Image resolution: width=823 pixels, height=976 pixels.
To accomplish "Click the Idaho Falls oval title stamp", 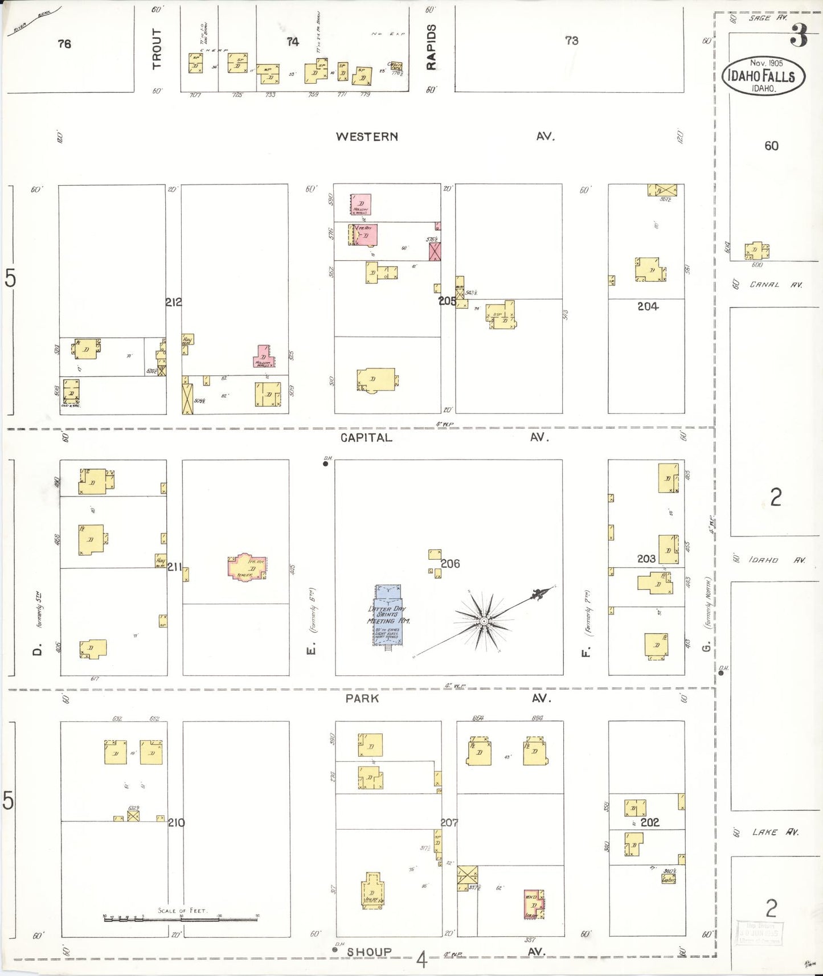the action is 763,76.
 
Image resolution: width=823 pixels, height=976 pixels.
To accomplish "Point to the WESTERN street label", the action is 367,137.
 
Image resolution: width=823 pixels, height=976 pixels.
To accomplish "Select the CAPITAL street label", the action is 366,437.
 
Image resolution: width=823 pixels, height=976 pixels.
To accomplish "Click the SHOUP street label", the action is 369,952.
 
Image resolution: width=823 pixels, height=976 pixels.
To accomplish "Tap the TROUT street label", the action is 157,48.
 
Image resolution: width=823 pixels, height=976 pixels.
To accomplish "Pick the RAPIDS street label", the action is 431,47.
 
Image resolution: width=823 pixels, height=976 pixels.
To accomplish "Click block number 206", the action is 450,564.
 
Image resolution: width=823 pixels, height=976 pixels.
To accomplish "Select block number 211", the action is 174,567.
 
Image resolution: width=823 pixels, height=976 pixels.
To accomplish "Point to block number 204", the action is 648,306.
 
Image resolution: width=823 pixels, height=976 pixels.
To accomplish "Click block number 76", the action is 64,43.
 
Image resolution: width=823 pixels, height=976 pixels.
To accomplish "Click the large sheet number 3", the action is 799,38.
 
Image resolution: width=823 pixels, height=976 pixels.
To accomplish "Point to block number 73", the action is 571,40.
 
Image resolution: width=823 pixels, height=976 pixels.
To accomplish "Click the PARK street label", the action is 362,698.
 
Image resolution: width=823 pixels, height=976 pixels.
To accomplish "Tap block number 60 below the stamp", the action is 771,146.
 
